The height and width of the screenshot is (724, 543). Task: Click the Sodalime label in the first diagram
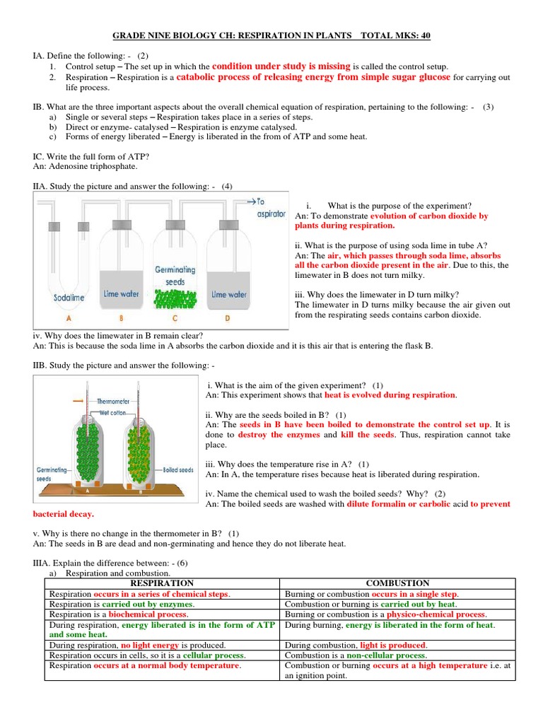(x=69, y=298)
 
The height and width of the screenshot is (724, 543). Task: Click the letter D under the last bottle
(x=228, y=319)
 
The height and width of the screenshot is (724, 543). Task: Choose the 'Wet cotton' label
(x=113, y=411)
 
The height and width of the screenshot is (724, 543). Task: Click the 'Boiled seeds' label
(x=177, y=469)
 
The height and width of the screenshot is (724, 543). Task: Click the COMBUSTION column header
(x=398, y=583)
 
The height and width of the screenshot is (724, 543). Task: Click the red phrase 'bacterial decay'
(x=64, y=514)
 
